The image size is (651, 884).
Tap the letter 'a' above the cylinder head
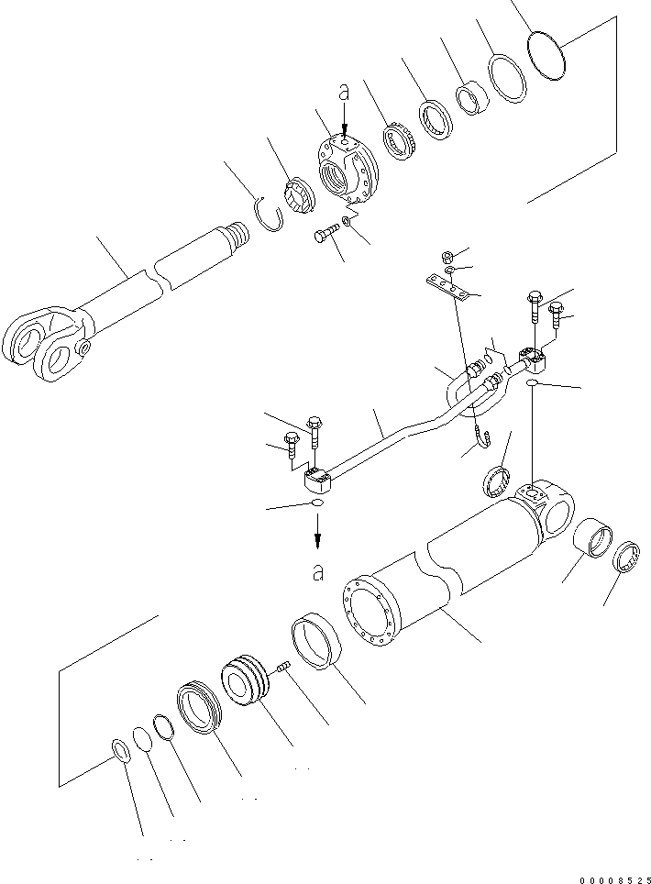click(x=344, y=93)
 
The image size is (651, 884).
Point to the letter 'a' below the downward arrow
click(x=317, y=573)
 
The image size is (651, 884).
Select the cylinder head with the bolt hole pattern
click(x=348, y=170)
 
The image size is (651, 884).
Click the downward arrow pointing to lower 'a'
click(x=317, y=533)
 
